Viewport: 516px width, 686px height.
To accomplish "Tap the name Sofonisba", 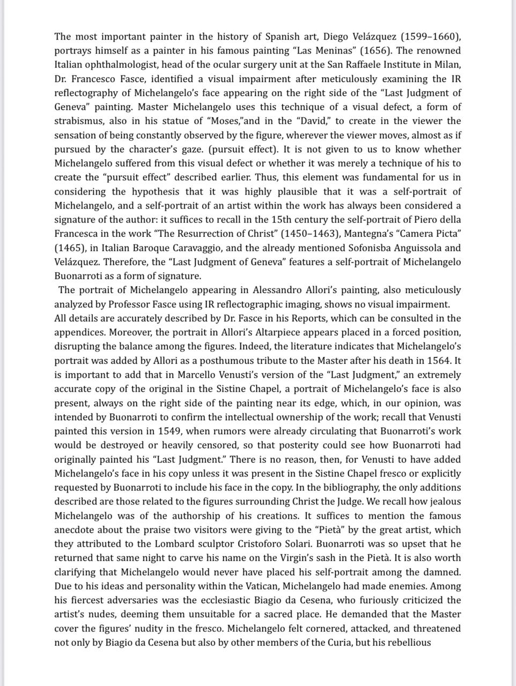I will click(x=372, y=248).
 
